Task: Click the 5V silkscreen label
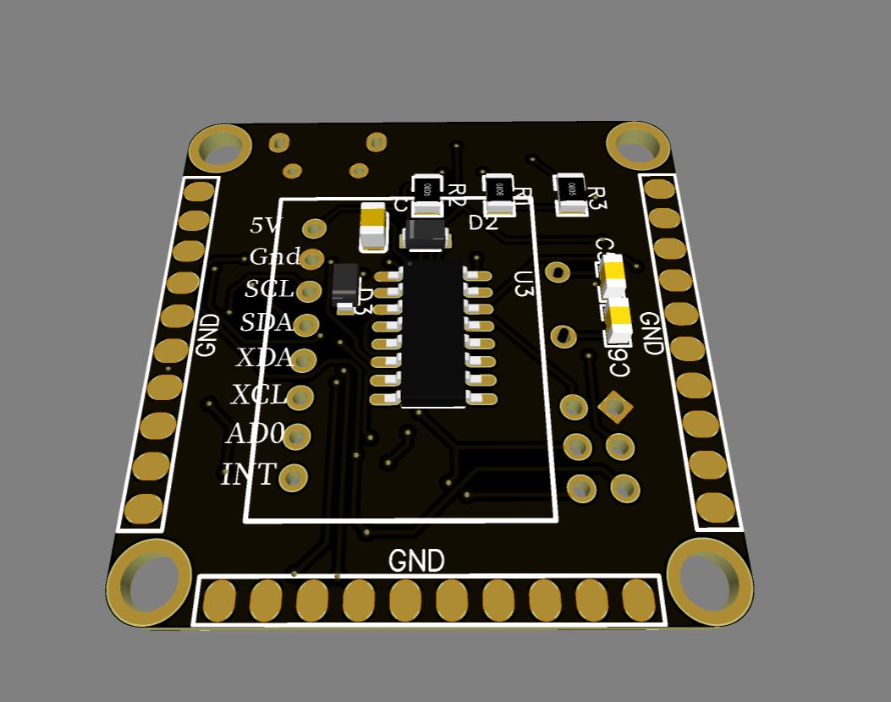click(266, 226)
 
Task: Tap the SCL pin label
click(269, 289)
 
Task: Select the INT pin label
click(249, 475)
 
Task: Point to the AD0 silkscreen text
click(255, 434)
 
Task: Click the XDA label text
click(263, 358)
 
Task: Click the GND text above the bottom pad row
click(416, 561)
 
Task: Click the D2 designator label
click(483, 223)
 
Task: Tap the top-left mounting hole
click(220, 148)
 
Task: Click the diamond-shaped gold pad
click(615, 408)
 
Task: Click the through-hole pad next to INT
click(294, 478)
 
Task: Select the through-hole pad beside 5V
click(315, 228)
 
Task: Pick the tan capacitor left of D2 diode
click(373, 226)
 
